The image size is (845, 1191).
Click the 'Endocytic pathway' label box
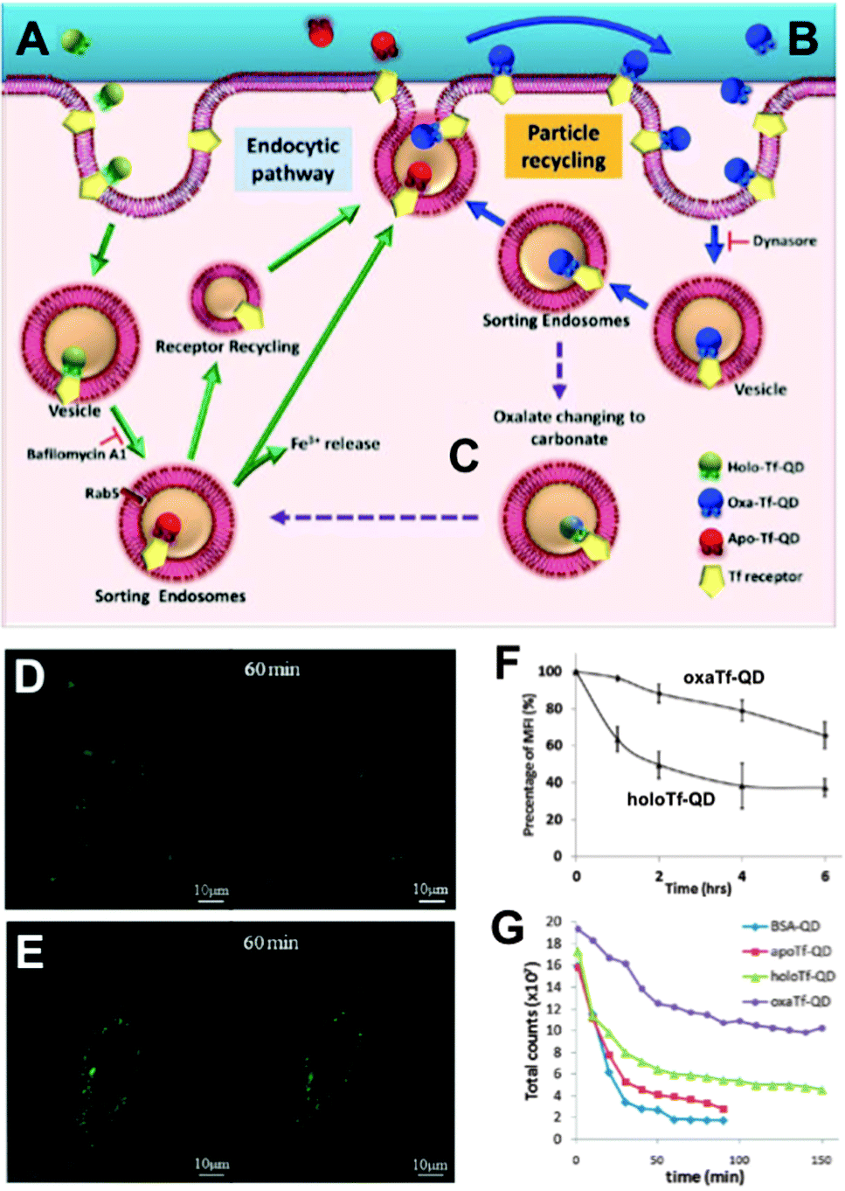(293, 160)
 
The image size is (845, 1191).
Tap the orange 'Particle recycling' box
(564, 147)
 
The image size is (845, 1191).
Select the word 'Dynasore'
(785, 240)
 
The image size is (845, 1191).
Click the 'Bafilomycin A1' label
(76, 454)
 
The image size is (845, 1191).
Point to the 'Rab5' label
(101, 493)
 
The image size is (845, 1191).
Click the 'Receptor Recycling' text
(227, 347)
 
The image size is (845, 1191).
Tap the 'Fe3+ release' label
(336, 444)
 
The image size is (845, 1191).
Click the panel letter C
(464, 456)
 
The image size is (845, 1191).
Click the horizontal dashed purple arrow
(376, 518)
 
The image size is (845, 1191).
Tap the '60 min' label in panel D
(272, 670)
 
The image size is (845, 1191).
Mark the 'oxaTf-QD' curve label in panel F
(724, 678)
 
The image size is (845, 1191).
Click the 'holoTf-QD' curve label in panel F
(670, 799)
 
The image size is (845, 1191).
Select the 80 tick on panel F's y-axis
(554, 708)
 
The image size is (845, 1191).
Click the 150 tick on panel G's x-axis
(821, 1160)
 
